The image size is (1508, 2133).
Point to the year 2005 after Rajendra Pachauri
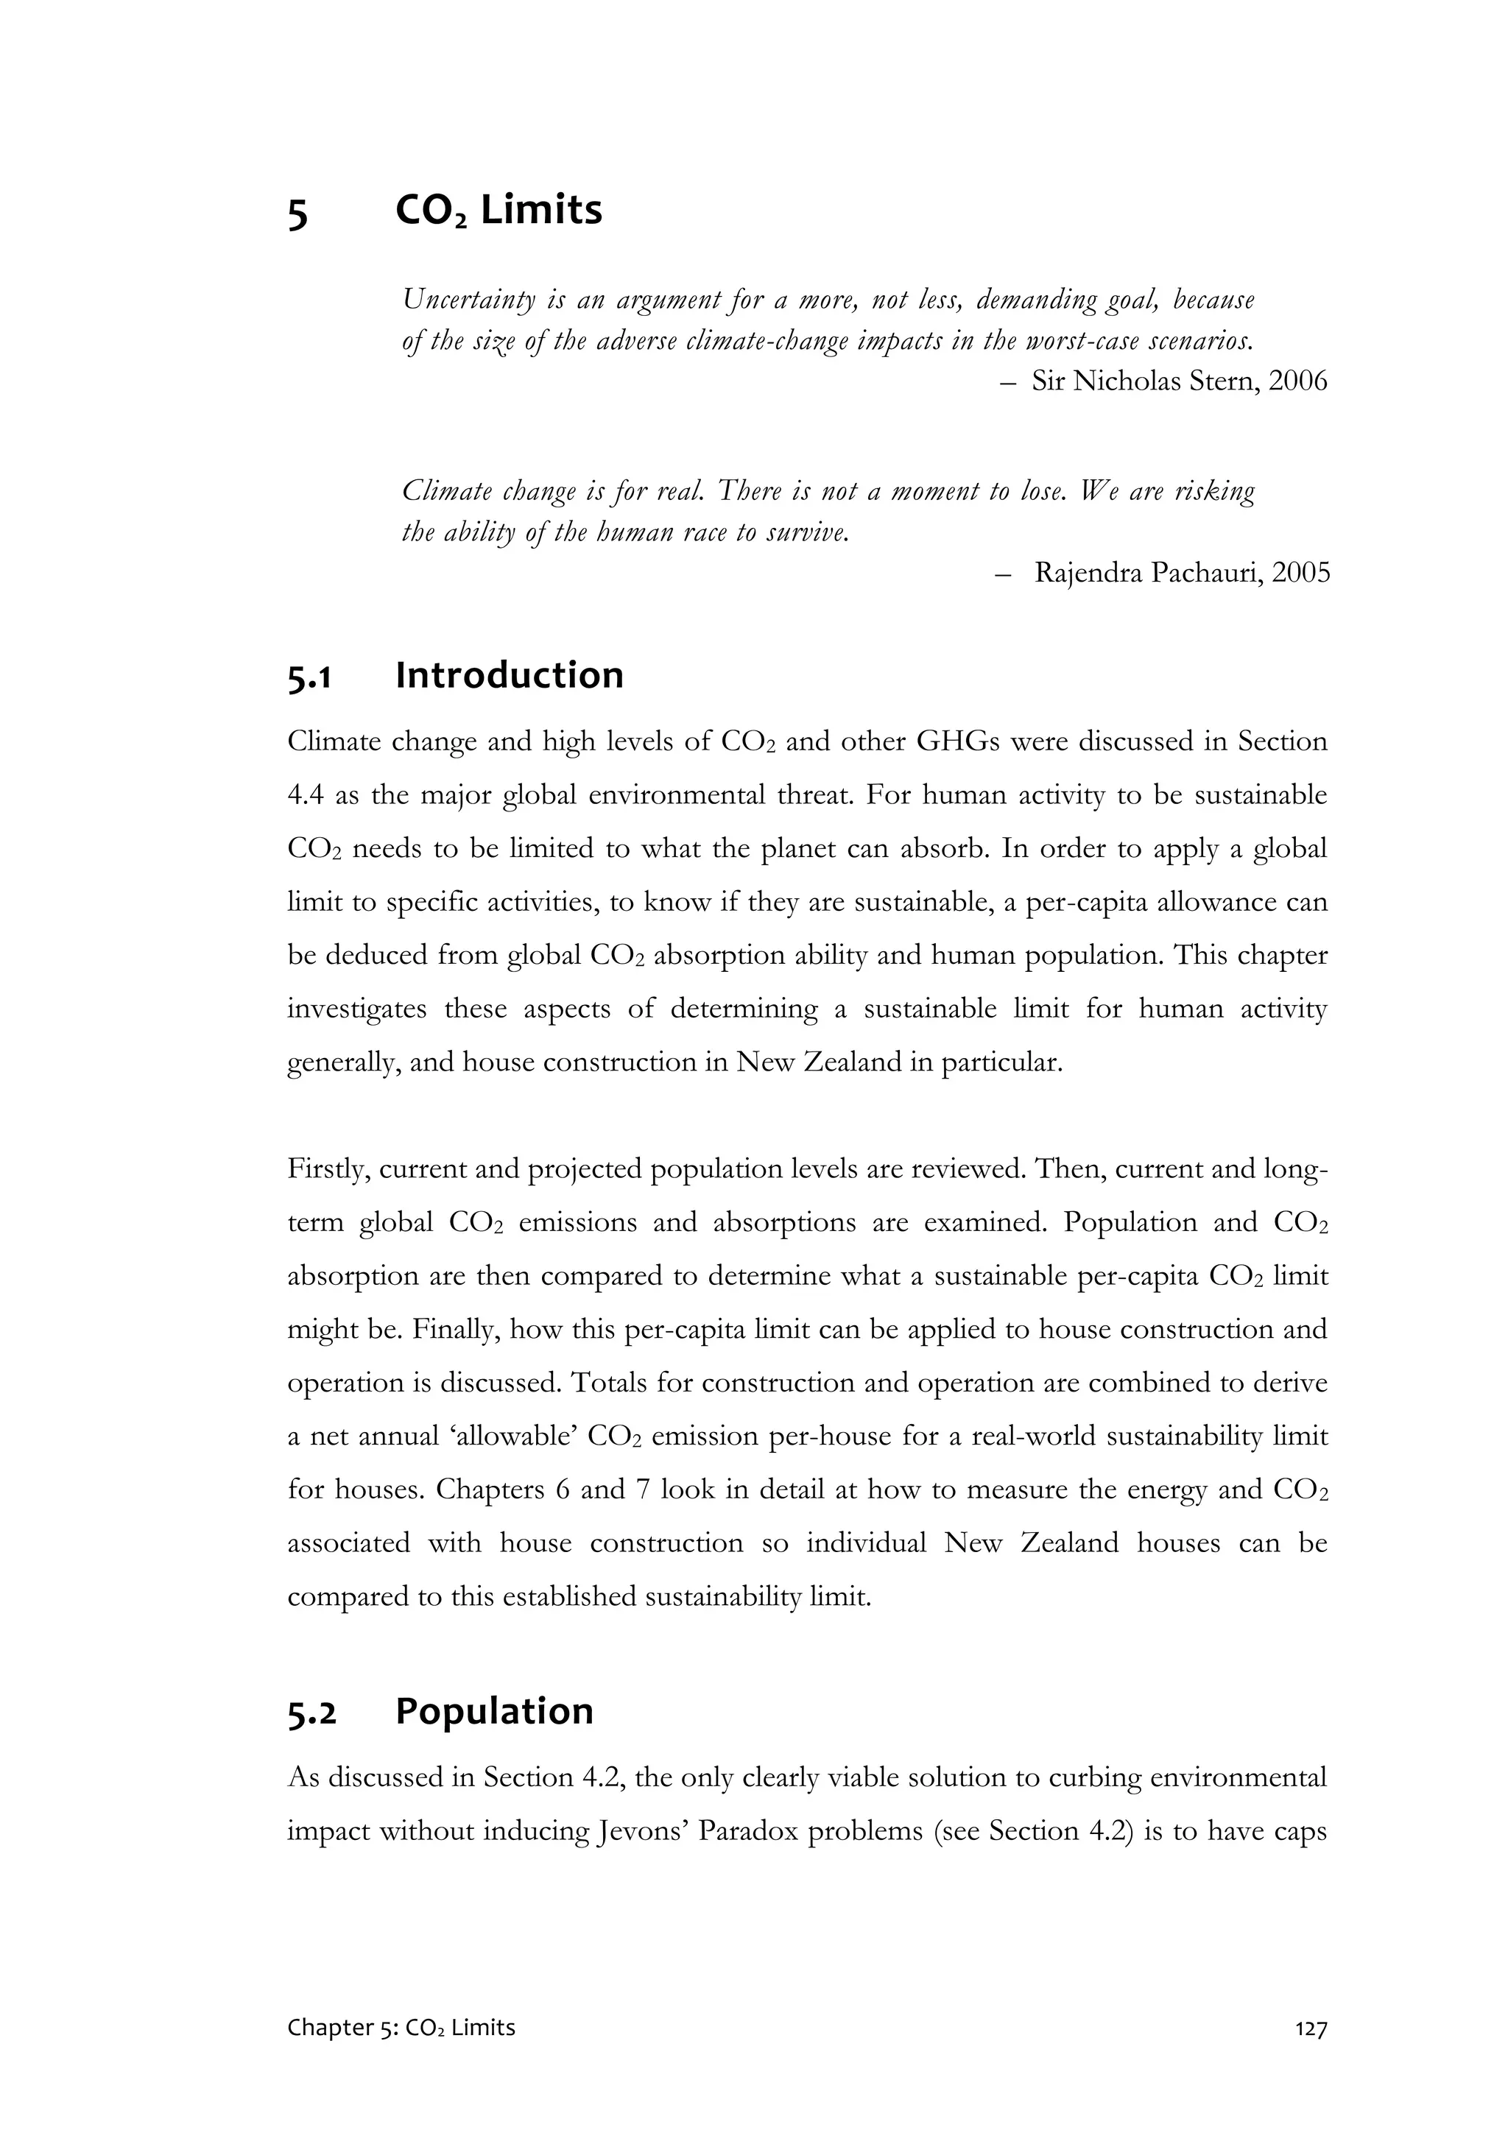pos(1301,574)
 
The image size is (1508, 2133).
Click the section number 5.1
pos(309,677)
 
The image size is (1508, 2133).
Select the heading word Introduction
pos(509,675)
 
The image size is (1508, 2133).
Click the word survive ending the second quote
pos(811,535)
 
